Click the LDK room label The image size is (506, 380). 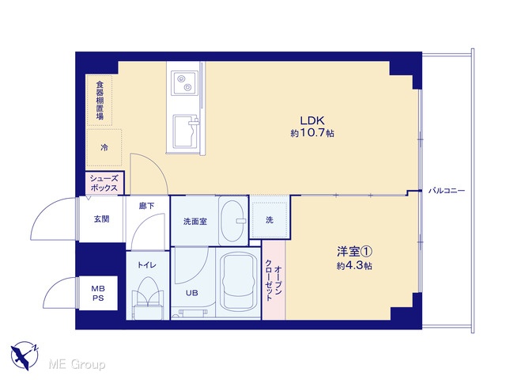pyautogui.click(x=312, y=120)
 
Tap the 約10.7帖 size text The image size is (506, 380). pyautogui.click(x=312, y=133)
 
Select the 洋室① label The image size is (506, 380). pyautogui.click(x=355, y=252)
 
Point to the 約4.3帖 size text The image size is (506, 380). pyautogui.click(x=354, y=266)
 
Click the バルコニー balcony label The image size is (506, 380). pyautogui.click(x=447, y=191)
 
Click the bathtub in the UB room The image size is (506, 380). pyautogui.click(x=238, y=281)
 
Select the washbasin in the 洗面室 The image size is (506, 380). pyautogui.click(x=232, y=221)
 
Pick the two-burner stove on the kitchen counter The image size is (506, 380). pyautogui.click(x=183, y=82)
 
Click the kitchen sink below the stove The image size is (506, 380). pyautogui.click(x=186, y=131)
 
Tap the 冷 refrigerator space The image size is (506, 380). pyautogui.click(x=104, y=148)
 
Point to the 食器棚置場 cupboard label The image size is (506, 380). pyautogui.click(x=100, y=101)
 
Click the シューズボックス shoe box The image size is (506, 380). pyautogui.click(x=104, y=183)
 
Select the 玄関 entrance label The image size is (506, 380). pyautogui.click(x=101, y=219)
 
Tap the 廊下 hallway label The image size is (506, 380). pyautogui.click(x=146, y=206)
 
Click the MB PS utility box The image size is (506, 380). pyautogui.click(x=98, y=293)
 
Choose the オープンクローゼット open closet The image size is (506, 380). pyautogui.click(x=274, y=280)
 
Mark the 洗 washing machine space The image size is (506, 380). pyautogui.click(x=270, y=220)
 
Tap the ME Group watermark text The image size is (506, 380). pyautogui.click(x=77, y=364)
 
